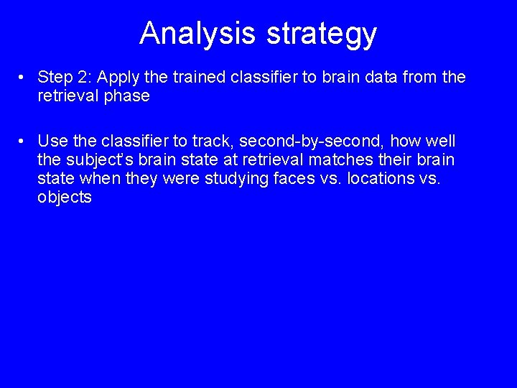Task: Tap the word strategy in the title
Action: pos(317,34)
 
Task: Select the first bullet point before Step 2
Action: pos(23,77)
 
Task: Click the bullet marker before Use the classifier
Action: pos(23,141)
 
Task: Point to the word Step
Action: pos(53,77)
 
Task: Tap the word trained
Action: pos(190,77)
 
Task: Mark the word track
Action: pos(190,141)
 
